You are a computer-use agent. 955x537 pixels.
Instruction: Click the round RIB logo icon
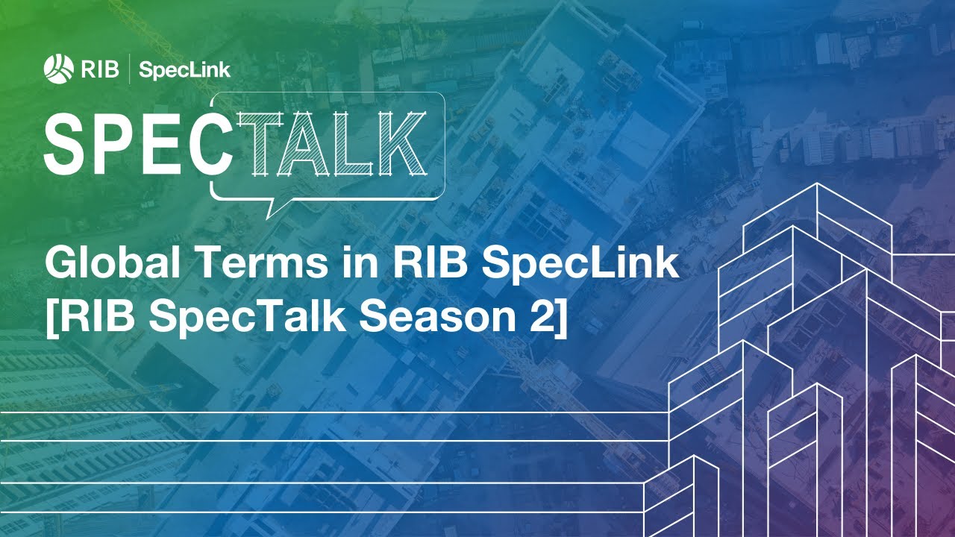(57, 69)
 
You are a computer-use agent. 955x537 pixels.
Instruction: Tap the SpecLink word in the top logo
(185, 71)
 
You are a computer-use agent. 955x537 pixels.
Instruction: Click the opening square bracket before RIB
(51, 318)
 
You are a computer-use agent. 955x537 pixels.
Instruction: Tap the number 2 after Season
(536, 318)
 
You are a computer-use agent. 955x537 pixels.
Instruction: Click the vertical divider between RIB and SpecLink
(131, 70)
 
